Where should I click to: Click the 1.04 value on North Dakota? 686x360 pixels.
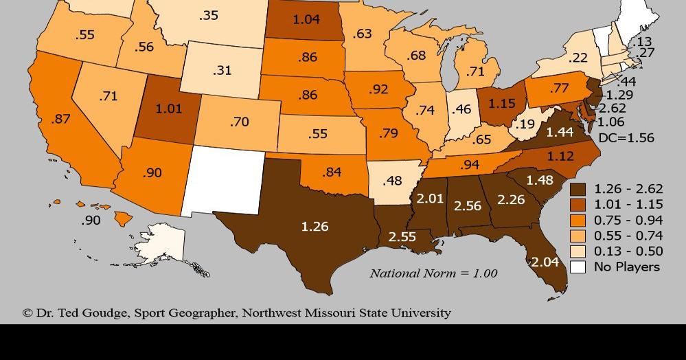pyautogui.click(x=306, y=19)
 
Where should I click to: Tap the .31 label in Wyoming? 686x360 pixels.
pyautogui.click(x=222, y=70)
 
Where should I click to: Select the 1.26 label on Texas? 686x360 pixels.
pyautogui.click(x=315, y=225)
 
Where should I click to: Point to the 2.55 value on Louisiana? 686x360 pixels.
pyautogui.click(x=402, y=236)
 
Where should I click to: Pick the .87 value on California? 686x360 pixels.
pyautogui.click(x=60, y=119)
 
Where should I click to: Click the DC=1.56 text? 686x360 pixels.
pyautogui.click(x=626, y=137)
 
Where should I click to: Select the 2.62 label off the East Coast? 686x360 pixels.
pyautogui.click(x=612, y=109)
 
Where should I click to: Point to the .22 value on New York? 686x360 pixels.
pyautogui.click(x=578, y=58)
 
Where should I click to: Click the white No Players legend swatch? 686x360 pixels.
pyautogui.click(x=579, y=267)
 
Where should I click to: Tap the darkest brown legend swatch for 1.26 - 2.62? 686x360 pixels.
pyautogui.click(x=579, y=189)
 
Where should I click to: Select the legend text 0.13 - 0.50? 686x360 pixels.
pyautogui.click(x=628, y=251)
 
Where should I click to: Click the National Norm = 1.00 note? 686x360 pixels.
pyautogui.click(x=433, y=273)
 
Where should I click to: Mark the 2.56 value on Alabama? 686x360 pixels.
pyautogui.click(x=468, y=205)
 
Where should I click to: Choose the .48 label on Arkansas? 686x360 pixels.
pyautogui.click(x=391, y=181)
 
